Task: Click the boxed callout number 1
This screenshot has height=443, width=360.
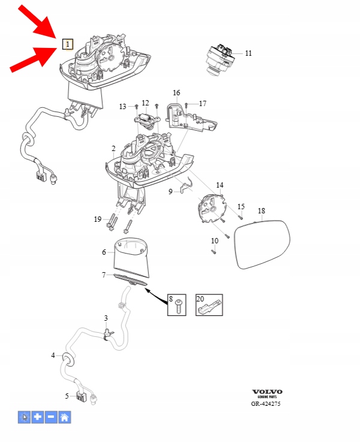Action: coord(68,44)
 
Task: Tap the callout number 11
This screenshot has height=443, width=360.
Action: coord(248,53)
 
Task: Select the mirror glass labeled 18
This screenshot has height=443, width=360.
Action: coord(262,245)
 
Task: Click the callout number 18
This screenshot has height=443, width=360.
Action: coord(261,211)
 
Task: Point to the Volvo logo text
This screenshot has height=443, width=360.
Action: coord(267,392)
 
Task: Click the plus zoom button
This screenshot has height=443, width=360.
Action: coord(38,417)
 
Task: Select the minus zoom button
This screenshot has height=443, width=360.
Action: coord(52,417)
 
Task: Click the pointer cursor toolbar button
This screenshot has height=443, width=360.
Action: coord(25,417)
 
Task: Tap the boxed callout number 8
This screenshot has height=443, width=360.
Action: coord(170,299)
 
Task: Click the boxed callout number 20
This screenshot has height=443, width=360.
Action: coord(200,299)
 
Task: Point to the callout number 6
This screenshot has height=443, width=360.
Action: coord(104,252)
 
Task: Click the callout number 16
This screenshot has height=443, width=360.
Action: coord(176,93)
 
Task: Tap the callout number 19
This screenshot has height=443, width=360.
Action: coord(98,219)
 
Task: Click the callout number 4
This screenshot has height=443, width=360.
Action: coord(53,355)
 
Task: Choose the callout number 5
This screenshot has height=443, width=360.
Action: coord(68,396)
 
